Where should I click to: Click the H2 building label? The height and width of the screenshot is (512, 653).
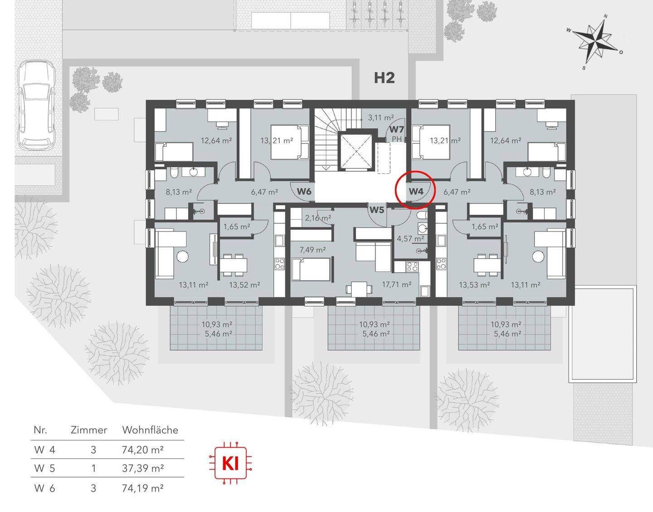click(x=385, y=78)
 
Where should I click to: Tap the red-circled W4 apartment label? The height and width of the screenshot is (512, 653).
click(x=416, y=191)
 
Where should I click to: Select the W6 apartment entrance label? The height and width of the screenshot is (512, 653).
click(x=304, y=191)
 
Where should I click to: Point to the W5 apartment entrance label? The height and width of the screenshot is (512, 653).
click(x=377, y=210)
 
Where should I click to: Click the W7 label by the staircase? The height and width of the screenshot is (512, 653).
click(x=397, y=130)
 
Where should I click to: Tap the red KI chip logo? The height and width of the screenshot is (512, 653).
click(x=230, y=463)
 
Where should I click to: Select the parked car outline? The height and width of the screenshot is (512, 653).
click(x=36, y=105)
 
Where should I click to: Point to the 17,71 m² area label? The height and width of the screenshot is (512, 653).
click(x=396, y=284)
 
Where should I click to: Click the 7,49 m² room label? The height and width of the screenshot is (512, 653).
click(x=313, y=250)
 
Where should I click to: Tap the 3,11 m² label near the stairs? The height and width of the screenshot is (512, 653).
click(x=381, y=118)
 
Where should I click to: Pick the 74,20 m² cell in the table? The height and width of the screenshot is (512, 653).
click(x=143, y=449)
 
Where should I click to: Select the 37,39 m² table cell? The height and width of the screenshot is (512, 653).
click(x=143, y=468)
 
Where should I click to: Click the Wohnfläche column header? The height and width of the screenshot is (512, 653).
click(x=150, y=430)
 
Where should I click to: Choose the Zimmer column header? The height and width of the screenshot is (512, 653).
click(x=89, y=430)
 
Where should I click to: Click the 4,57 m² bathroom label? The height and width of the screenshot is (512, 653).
click(x=410, y=239)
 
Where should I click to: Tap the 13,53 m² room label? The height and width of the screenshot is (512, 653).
click(x=474, y=285)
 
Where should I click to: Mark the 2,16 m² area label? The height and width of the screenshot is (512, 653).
click(x=318, y=218)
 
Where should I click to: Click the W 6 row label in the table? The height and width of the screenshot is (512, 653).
click(x=44, y=488)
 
